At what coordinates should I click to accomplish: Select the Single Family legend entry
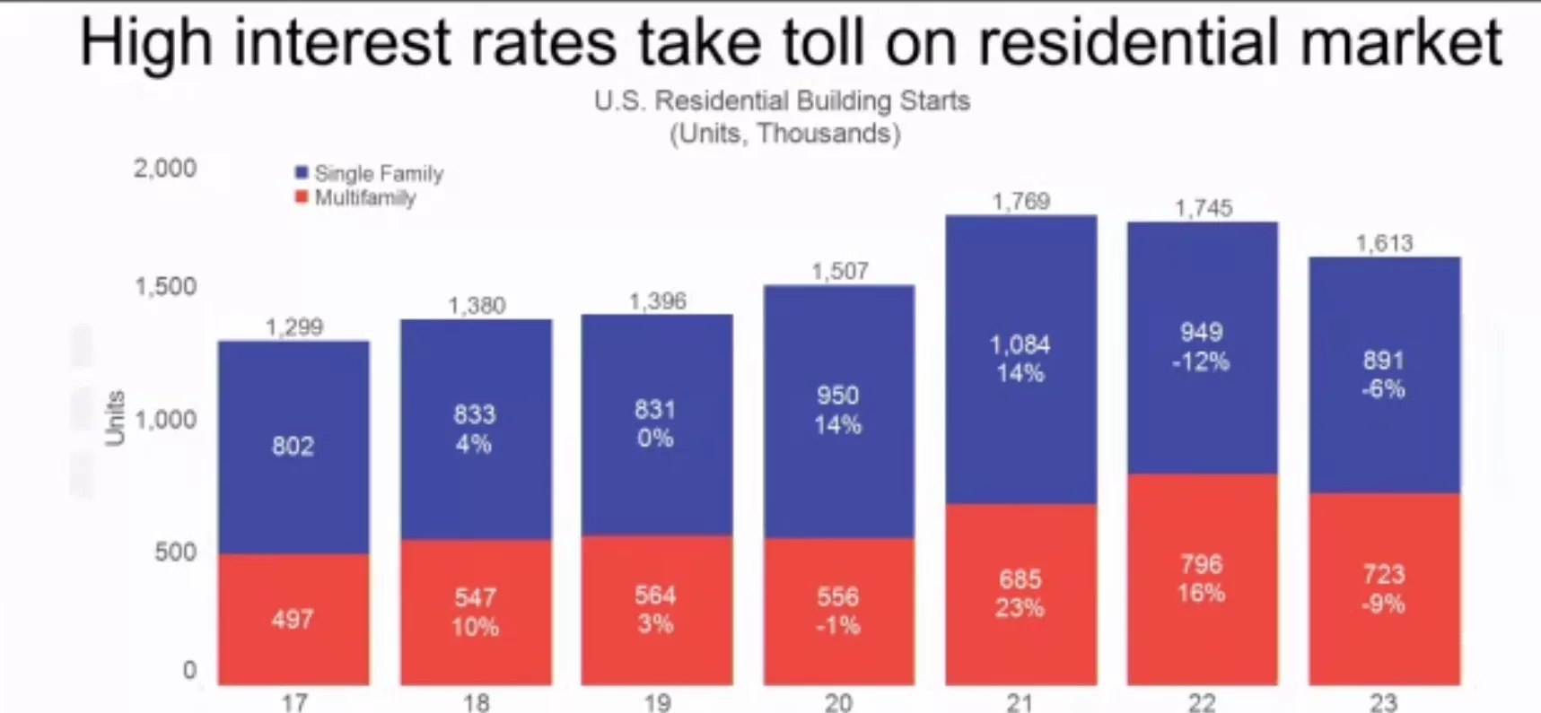369,173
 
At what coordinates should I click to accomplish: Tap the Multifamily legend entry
355,197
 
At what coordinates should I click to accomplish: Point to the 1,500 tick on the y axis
165,286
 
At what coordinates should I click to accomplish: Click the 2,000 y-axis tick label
165,168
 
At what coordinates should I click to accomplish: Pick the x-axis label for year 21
1020,702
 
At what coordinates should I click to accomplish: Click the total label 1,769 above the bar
1020,201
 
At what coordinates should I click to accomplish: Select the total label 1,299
293,326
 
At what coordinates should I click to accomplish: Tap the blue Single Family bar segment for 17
293,447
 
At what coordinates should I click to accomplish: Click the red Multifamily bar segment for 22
1202,579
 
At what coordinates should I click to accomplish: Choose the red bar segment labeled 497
293,620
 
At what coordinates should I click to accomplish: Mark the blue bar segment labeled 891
1384,375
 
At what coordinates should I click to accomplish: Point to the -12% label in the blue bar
1201,362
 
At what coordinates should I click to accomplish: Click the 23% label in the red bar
1020,608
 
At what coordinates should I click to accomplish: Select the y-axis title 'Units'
115,418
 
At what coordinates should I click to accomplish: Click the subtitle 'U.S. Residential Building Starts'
782,100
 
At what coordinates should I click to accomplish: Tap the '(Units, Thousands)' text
785,134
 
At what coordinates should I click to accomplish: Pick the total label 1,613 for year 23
1384,243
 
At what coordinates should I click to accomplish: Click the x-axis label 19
657,702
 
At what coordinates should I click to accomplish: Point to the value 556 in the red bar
837,596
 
